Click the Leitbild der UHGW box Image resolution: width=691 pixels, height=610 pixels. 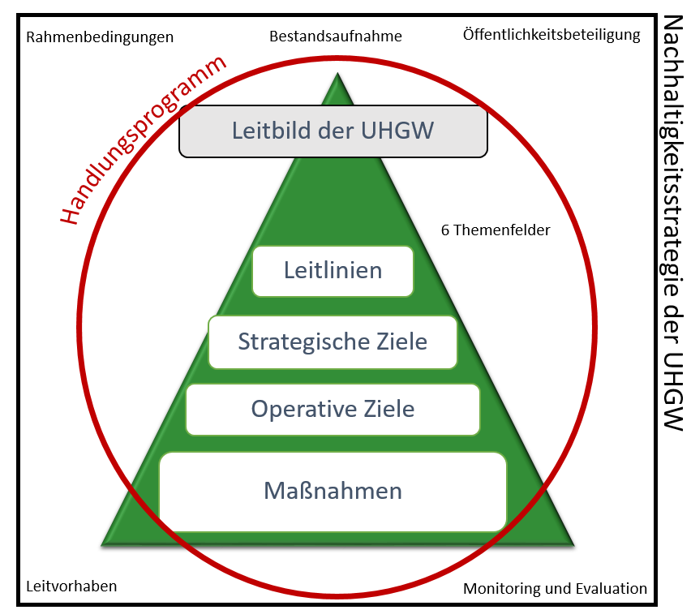point(333,130)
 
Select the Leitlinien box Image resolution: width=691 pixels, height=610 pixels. point(333,270)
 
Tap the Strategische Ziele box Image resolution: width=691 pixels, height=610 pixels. point(333,342)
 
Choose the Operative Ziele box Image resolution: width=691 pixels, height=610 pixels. point(333,409)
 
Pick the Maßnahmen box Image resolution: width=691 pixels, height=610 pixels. point(333,491)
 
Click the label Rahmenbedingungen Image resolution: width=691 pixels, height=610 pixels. point(100,37)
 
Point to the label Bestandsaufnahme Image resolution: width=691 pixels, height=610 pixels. point(336,36)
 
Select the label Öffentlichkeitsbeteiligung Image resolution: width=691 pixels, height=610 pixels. point(552,35)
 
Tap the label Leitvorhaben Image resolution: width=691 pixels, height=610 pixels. point(71,586)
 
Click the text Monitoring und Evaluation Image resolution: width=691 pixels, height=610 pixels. point(555,589)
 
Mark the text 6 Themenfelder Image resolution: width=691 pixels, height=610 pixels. point(496,230)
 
